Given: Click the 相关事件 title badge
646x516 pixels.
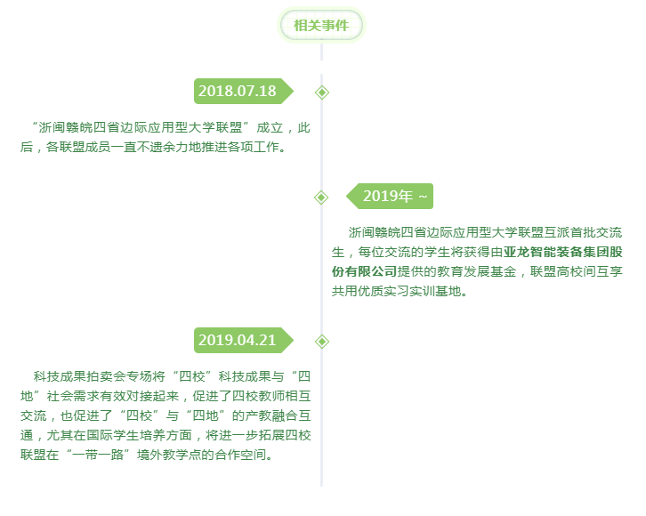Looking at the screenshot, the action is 321,25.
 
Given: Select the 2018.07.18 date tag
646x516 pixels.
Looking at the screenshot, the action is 244,91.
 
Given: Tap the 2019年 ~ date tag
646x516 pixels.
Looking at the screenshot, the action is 390,196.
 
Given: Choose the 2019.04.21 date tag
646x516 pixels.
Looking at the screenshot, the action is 244,340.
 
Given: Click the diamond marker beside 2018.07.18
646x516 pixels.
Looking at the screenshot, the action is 322,93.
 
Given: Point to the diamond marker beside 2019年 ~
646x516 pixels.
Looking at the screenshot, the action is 321,198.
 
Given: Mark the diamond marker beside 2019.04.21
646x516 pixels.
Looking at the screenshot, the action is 322,342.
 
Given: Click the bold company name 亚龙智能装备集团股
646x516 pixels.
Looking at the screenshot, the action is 562,252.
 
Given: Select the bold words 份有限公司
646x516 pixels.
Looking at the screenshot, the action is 364,272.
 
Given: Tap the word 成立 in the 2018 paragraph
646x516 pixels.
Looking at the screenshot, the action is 270,127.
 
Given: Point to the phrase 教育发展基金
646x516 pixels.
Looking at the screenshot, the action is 477,272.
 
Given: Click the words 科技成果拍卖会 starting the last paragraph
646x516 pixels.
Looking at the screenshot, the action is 79,376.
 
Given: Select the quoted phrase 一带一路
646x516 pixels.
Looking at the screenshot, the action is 98,455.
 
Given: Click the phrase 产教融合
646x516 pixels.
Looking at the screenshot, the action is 271,415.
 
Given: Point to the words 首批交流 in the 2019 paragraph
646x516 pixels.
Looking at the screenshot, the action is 596,232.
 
